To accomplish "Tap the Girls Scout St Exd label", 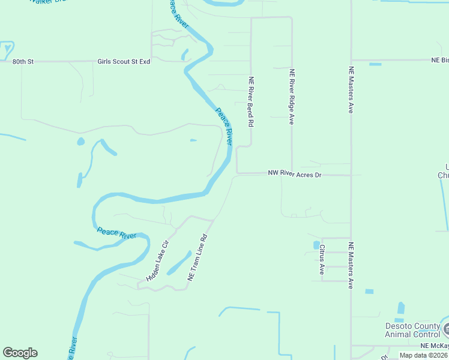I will point(124,61).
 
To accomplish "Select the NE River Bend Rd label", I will point(252,100).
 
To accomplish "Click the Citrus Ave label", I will point(322,259).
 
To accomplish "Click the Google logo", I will point(20,353).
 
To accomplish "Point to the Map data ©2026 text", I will point(424,355).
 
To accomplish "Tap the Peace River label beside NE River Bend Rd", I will point(224,125).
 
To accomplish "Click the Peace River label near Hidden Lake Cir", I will point(116,233).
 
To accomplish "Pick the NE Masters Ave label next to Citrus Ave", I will point(351,265).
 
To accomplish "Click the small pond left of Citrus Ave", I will point(316,245).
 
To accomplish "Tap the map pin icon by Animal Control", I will point(447,328).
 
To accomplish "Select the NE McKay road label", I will point(433,346).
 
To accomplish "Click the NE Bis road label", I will point(440,61).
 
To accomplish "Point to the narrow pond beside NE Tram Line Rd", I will point(179,262).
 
